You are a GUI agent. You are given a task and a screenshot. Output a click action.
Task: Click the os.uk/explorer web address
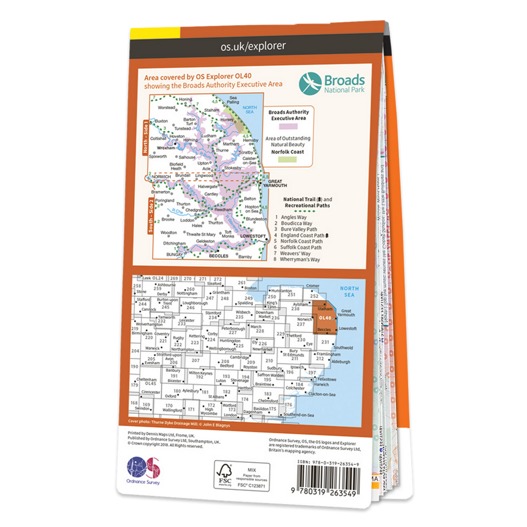[253, 46]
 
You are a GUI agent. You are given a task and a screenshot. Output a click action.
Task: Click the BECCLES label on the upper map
[219, 255]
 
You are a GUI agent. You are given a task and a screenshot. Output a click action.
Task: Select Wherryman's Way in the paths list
[300, 259]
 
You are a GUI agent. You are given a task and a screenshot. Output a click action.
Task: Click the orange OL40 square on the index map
[324, 318]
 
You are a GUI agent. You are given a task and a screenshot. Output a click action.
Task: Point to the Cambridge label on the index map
[240, 357]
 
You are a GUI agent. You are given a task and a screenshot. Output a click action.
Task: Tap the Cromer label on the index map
[312, 286]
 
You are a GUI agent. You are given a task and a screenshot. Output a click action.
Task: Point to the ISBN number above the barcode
[332, 464]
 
